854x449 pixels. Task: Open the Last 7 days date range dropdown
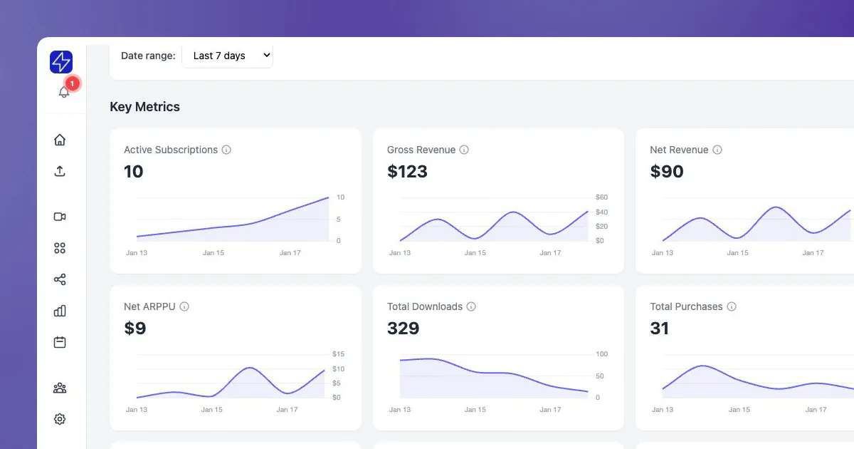[228, 56]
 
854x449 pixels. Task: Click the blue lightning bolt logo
[61, 62]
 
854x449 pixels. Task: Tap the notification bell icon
[63, 92]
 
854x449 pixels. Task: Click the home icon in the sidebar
[60, 140]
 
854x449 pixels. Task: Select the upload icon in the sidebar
[60, 171]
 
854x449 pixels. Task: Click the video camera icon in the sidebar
[60, 217]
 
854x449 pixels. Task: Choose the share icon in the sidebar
[60, 279]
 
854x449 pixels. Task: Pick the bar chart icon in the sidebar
[60, 311]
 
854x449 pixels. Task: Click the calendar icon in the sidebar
[60, 342]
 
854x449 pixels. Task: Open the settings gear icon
[60, 419]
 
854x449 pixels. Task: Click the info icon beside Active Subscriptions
[226, 150]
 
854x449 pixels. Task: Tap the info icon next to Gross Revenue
[464, 150]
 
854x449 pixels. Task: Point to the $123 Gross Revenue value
[407, 172]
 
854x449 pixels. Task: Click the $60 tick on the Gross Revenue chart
[601, 197]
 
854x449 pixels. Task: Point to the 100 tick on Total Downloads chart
[601, 354]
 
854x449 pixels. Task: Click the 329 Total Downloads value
[403, 329]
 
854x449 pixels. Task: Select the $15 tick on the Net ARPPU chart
[338, 354]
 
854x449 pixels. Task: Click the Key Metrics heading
[145, 107]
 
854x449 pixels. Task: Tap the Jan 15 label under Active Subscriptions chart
[213, 253]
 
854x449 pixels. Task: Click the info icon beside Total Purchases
[732, 306]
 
